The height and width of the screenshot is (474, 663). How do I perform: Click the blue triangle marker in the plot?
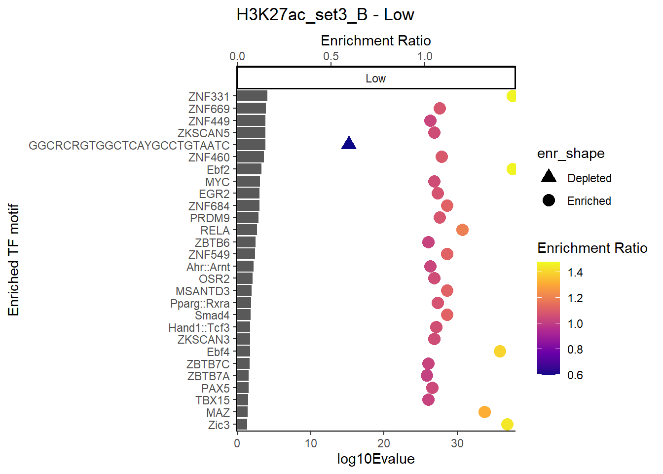(349, 144)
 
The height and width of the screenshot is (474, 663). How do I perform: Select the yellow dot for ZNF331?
(512, 96)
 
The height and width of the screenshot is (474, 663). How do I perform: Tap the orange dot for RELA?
(462, 230)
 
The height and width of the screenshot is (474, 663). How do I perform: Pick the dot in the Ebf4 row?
(500, 351)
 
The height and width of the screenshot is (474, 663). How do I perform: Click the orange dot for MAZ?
(484, 412)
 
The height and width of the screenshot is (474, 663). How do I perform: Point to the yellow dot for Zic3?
(507, 424)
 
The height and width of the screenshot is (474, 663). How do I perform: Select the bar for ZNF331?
(252, 96)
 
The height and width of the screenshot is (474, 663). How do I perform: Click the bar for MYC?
(249, 181)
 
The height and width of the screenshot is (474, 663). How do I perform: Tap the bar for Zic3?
(242, 424)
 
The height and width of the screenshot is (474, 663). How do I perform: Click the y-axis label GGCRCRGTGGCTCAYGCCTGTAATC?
(129, 146)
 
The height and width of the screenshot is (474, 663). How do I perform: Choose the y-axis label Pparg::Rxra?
(200, 304)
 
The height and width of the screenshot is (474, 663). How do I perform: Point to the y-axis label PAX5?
(216, 389)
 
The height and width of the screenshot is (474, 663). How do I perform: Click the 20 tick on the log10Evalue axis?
(384, 443)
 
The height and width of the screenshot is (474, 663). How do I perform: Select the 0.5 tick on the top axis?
(331, 56)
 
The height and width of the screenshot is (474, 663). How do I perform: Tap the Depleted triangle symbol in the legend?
(549, 177)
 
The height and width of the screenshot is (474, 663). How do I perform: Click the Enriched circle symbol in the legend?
(549, 200)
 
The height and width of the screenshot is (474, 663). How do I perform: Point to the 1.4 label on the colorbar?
(575, 273)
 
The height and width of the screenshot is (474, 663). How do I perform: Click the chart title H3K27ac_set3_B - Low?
(325, 15)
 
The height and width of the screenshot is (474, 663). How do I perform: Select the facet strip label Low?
(375, 79)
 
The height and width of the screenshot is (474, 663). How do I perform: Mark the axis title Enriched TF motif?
(13, 260)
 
